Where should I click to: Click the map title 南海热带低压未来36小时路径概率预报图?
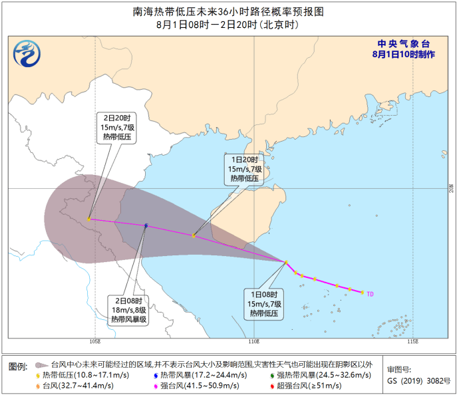coord(228,11)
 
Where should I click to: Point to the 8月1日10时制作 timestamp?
coord(404,53)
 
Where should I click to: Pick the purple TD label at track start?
coord(371,293)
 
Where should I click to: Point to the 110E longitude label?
coord(253,341)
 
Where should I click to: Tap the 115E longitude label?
coord(412,341)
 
